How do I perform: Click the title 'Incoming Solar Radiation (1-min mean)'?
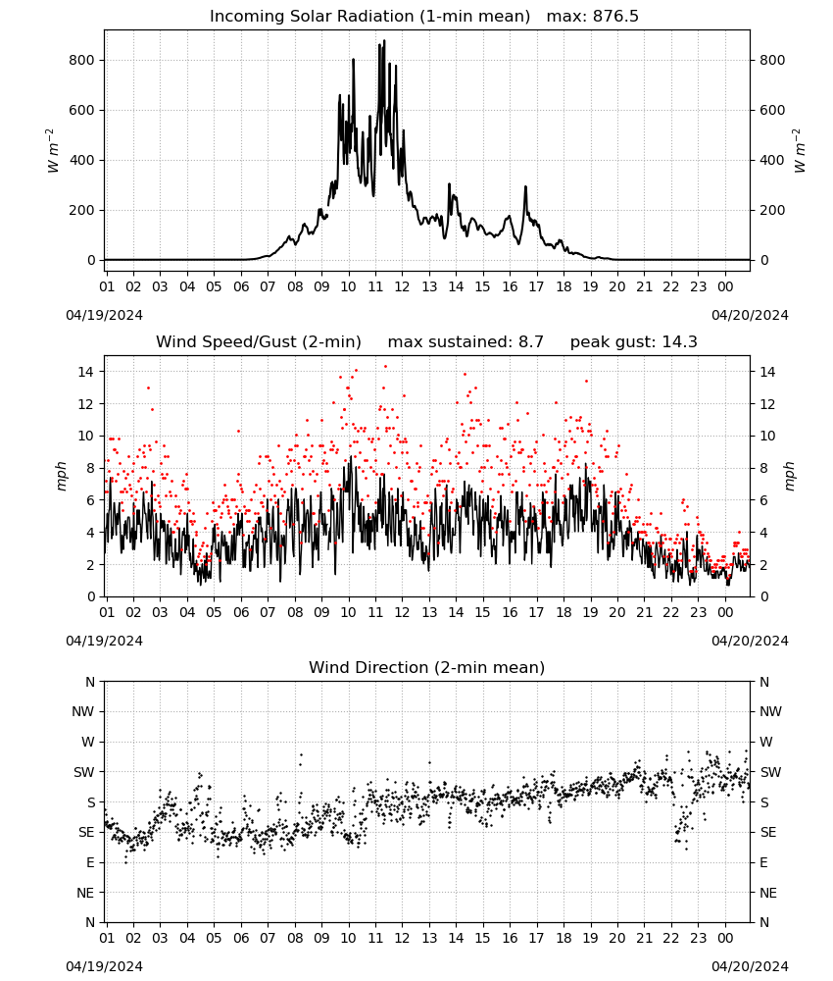[369, 17]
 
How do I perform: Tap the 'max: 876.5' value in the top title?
[593, 17]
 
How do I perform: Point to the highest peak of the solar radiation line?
[384, 40]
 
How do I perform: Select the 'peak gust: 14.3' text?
[634, 342]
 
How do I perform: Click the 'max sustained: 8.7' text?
[465, 342]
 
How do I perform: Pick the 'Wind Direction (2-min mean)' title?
[427, 667]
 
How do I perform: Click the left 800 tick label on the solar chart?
[82, 60]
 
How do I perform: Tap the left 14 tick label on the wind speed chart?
[86, 372]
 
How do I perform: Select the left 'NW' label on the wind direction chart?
[83, 711]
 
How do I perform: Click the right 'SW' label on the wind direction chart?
[770, 772]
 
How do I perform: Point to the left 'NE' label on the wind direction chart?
[85, 893]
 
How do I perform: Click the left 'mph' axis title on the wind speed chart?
[61, 476]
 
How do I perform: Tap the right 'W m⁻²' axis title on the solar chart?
[800, 150]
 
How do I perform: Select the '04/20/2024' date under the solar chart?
[750, 315]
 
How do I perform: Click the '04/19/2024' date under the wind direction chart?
[104, 966]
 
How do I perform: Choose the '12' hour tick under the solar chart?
[402, 286]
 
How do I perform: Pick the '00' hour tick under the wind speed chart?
[725, 612]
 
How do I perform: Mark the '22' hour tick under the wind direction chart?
[671, 938]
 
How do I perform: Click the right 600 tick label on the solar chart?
[772, 110]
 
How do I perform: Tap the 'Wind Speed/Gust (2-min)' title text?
[259, 342]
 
